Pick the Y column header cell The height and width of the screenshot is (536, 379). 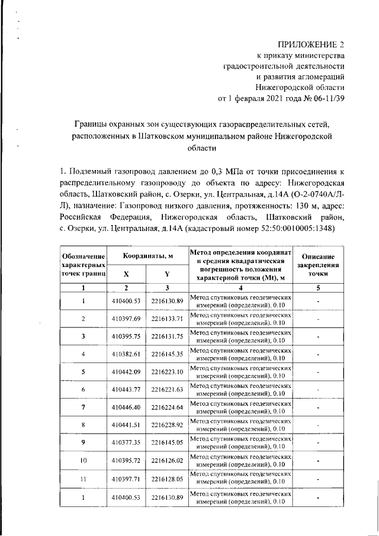(x=168, y=274)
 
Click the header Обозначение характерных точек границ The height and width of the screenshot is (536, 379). (x=83, y=265)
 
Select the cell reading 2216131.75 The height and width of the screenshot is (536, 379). (x=168, y=336)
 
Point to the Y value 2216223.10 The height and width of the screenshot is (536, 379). (x=168, y=372)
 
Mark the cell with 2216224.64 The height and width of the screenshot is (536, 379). (x=168, y=407)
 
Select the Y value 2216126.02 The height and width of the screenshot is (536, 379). (x=168, y=461)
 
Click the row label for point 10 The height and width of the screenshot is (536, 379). (x=83, y=461)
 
